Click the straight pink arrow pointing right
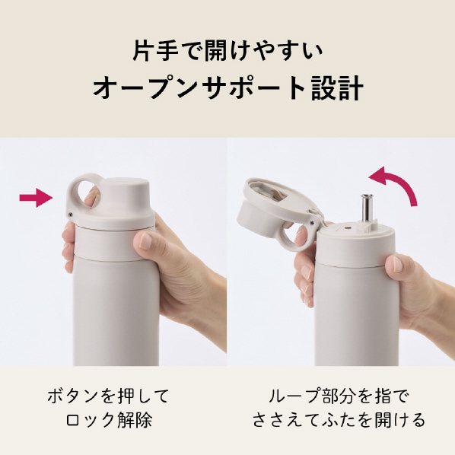36,198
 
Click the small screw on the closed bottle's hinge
71,214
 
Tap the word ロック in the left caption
91,419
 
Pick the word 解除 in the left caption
135,419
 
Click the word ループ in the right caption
293,396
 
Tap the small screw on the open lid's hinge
312,223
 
